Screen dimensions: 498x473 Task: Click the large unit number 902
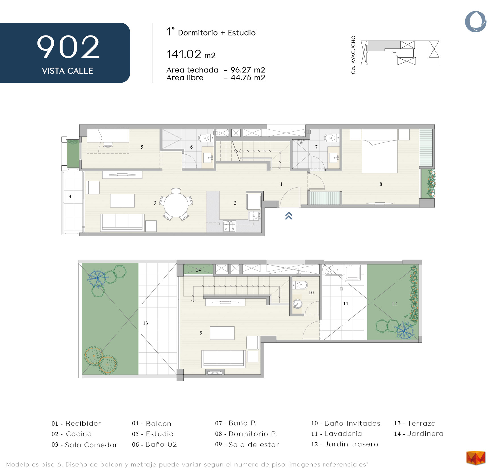tap(68, 47)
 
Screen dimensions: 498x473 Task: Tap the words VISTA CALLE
tap(68, 71)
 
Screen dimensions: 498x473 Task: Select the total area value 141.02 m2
tap(191, 54)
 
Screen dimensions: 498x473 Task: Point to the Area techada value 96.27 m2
tap(248, 70)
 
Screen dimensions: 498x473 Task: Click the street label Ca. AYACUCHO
tap(353, 55)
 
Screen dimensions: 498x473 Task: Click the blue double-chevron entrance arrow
tap(289, 216)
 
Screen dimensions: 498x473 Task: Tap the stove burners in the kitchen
tap(229, 226)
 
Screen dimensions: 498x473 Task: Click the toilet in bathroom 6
tap(204, 138)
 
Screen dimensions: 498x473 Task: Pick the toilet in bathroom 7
tap(330, 138)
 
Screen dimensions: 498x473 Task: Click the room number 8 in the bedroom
tap(381, 184)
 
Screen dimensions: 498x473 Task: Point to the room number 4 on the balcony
tap(70, 196)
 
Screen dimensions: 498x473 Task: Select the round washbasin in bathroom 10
tap(297, 304)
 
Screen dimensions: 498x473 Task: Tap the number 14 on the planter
tap(198, 270)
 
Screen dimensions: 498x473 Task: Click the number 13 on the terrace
tap(145, 323)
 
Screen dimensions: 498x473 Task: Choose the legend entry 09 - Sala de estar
tap(247, 445)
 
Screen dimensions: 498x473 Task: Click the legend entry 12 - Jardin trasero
tap(345, 444)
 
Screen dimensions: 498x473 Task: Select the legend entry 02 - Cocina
tap(72, 434)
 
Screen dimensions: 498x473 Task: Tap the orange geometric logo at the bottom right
tap(476, 458)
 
